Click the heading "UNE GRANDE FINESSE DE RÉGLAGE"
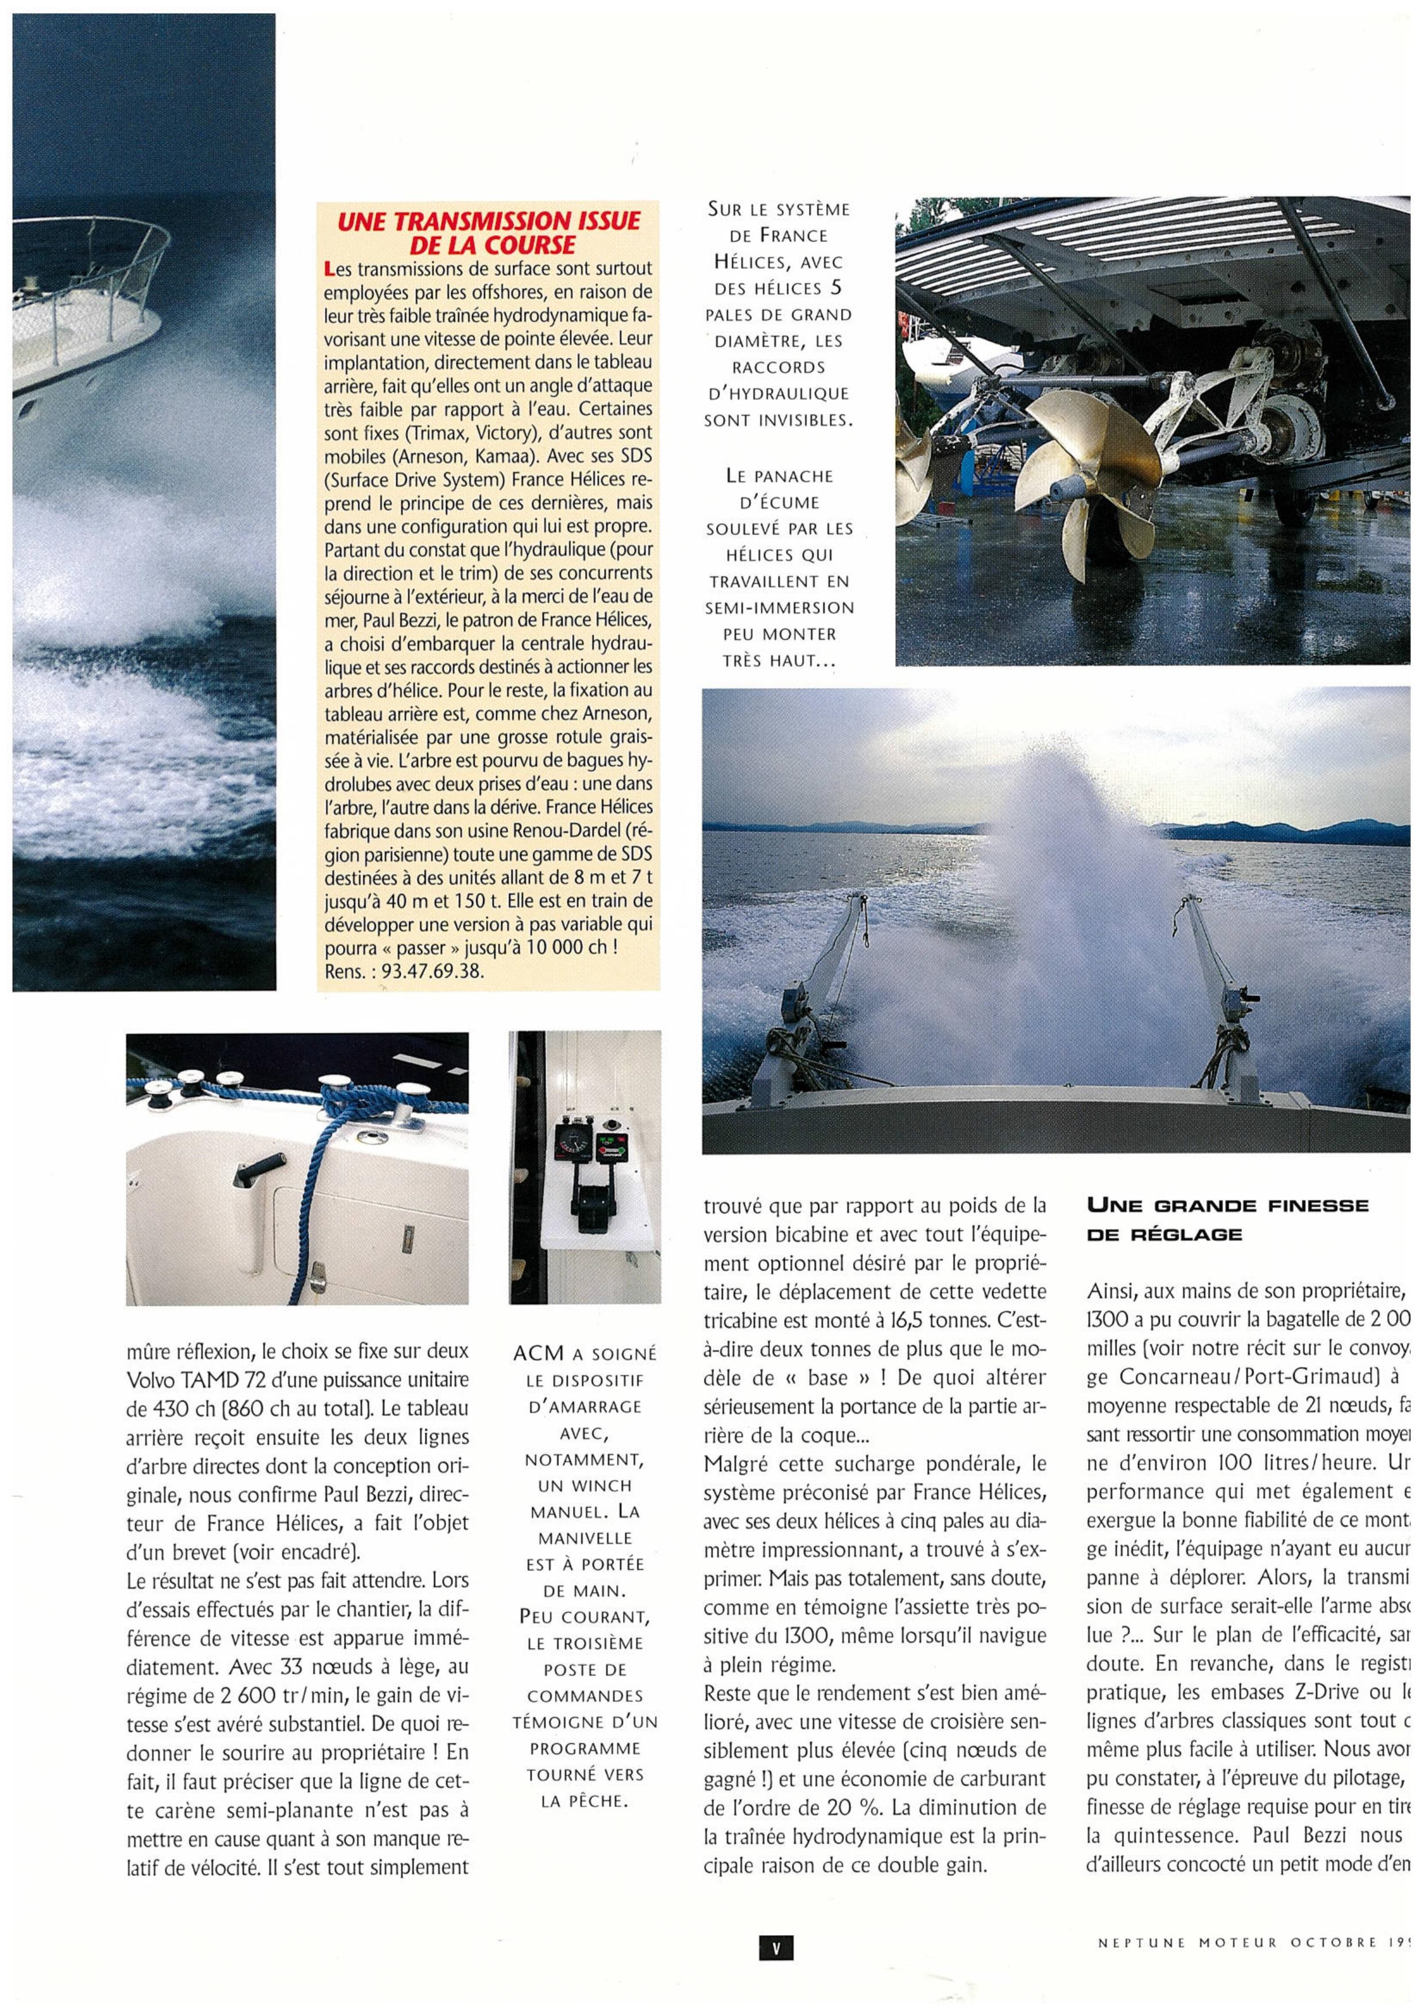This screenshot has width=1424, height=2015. tap(1226, 1219)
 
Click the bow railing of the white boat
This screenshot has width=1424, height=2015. tap(88, 289)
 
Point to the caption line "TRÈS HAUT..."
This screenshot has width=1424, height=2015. tap(778, 660)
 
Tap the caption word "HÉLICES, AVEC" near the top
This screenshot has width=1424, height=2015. tap(778, 261)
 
